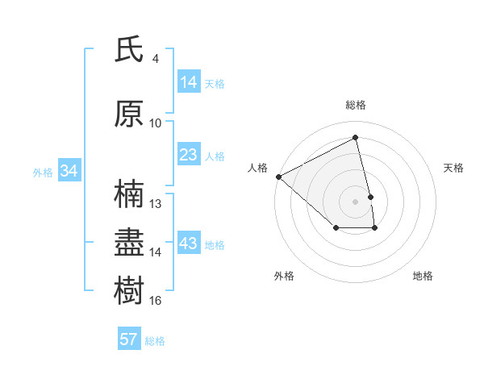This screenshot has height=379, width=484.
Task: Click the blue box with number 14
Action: [188, 82]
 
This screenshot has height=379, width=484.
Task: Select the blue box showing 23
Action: [188, 155]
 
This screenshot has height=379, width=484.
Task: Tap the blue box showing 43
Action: [188, 244]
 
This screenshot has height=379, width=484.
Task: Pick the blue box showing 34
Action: [69, 171]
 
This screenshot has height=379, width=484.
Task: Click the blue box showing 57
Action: [129, 339]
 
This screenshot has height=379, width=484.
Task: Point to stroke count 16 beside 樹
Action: [156, 301]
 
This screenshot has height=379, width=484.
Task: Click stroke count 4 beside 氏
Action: [155, 59]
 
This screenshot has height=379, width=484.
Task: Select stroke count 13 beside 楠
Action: [156, 204]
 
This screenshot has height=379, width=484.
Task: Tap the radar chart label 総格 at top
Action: [355, 105]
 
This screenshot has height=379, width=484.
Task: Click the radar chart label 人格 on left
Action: [258, 168]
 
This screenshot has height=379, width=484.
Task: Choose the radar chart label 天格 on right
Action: [454, 168]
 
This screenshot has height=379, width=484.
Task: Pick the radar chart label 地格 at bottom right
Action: [423, 277]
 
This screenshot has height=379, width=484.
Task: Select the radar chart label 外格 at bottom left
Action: [284, 277]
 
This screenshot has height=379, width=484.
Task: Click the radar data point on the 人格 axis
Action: [278, 177]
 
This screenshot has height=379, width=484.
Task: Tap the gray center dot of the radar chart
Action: [355, 201]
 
